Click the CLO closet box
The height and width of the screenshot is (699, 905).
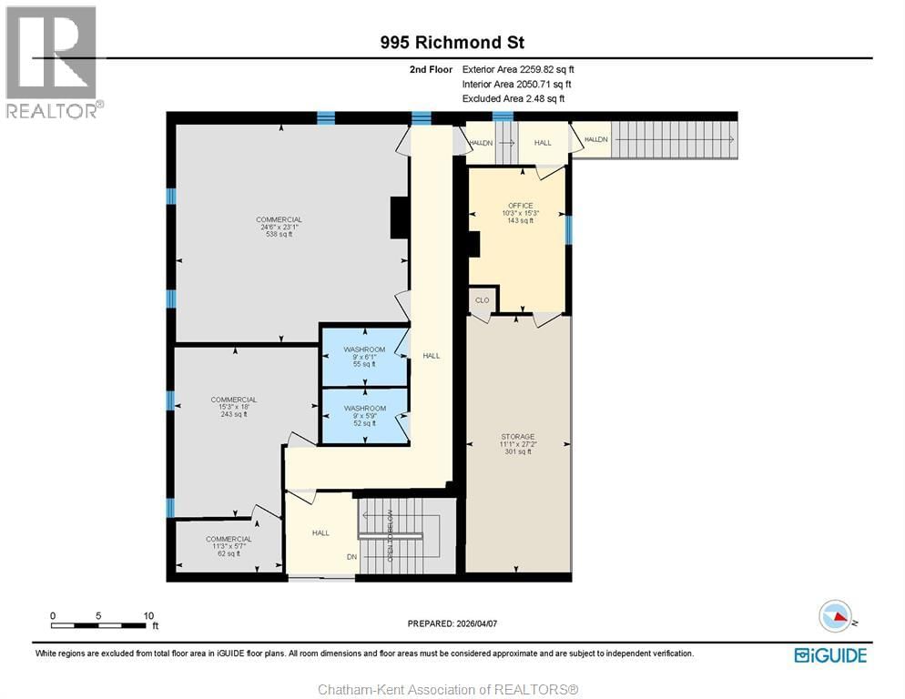coord(482,300)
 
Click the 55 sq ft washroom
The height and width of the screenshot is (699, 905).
coord(364,356)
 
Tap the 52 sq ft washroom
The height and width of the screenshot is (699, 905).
coord(364,416)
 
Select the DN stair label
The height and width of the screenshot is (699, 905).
coord(351,557)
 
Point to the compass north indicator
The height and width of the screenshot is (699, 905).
coord(837,616)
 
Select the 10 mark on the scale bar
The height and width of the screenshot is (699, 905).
coord(147,614)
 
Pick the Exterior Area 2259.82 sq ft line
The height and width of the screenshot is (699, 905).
coord(518,69)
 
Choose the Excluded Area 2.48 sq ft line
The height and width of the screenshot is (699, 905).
coord(514,98)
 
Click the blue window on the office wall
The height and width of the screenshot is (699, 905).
coord(568,229)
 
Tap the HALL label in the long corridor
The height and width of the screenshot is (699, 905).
coord(431,356)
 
